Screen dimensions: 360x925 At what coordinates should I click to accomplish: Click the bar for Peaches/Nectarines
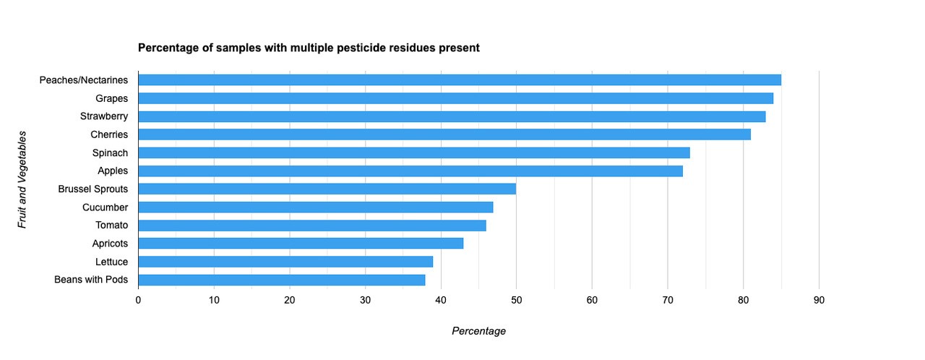click(x=459, y=80)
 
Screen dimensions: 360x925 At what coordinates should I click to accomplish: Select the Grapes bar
click(x=455, y=98)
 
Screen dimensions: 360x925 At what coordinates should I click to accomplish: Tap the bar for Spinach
click(x=413, y=153)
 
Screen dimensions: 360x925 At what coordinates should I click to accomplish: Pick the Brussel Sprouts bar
click(x=327, y=189)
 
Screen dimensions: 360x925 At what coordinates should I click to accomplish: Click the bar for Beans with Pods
click(x=281, y=280)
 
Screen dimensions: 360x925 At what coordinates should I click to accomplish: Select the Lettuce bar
click(x=285, y=262)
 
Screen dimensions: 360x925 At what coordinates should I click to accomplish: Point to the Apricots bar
click(x=301, y=244)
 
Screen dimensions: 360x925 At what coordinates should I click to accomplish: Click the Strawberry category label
click(x=104, y=116)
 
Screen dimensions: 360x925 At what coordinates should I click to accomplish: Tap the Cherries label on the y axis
click(x=109, y=134)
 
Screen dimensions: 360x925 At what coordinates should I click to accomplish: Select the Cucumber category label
click(x=105, y=207)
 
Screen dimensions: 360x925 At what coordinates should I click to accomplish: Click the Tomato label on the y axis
click(x=111, y=226)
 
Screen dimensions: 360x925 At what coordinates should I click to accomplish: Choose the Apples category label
click(x=113, y=171)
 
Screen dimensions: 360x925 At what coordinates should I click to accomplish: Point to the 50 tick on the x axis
click(x=516, y=300)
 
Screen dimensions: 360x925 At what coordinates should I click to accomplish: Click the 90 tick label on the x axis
click(x=819, y=300)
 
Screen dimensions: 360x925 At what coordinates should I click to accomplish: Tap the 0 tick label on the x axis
click(x=138, y=300)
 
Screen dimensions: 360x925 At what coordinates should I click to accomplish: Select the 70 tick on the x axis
click(x=667, y=300)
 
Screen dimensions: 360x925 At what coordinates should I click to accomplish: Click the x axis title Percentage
click(x=478, y=331)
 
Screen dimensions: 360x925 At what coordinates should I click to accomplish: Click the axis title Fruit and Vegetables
click(x=22, y=180)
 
